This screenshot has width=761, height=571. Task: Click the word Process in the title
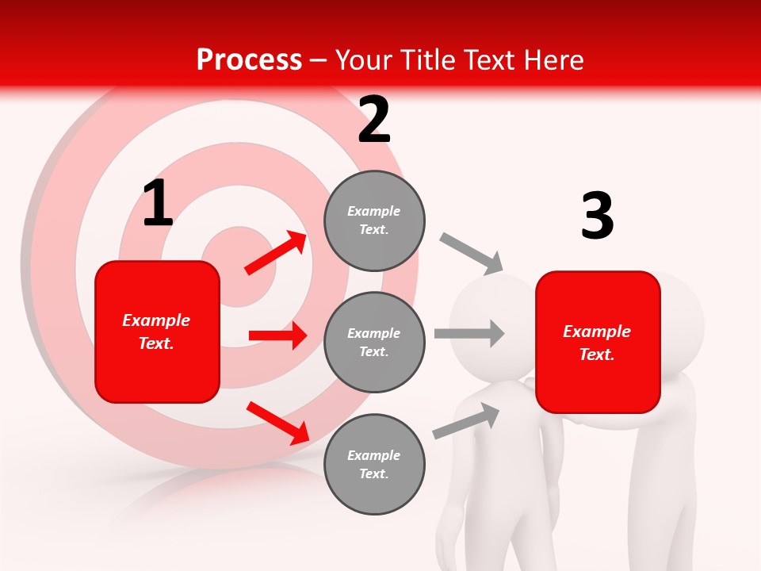(249, 60)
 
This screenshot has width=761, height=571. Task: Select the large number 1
(158, 204)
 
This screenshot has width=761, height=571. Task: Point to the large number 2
(374, 121)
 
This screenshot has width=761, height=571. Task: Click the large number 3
(597, 217)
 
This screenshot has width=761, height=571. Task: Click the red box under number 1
(157, 331)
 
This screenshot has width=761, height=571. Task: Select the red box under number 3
(598, 342)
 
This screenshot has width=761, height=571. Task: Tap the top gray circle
(374, 220)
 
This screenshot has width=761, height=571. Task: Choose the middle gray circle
(374, 342)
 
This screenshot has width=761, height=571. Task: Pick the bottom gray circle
(374, 464)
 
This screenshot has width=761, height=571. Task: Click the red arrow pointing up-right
(276, 253)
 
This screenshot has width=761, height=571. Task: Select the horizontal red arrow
(277, 335)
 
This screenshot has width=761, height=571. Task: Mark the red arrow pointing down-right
(277, 423)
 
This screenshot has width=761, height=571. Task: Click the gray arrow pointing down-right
(471, 254)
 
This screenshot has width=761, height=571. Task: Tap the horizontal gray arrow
(468, 334)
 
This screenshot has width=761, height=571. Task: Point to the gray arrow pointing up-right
(466, 421)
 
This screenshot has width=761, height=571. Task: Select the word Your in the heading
(363, 60)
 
